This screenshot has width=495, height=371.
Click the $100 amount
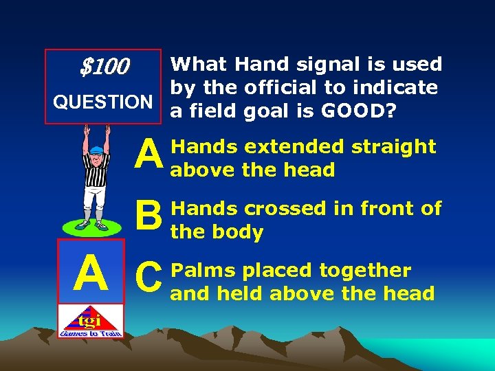tap(104, 67)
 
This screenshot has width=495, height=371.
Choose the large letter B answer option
tap(148, 215)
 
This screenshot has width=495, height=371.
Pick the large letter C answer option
tap(148, 277)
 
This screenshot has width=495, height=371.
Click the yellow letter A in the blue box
tap(91, 272)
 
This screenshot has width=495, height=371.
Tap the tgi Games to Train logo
tap(91, 321)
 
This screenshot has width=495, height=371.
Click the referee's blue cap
tap(96, 149)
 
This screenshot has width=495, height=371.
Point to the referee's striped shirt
tap(96, 172)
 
